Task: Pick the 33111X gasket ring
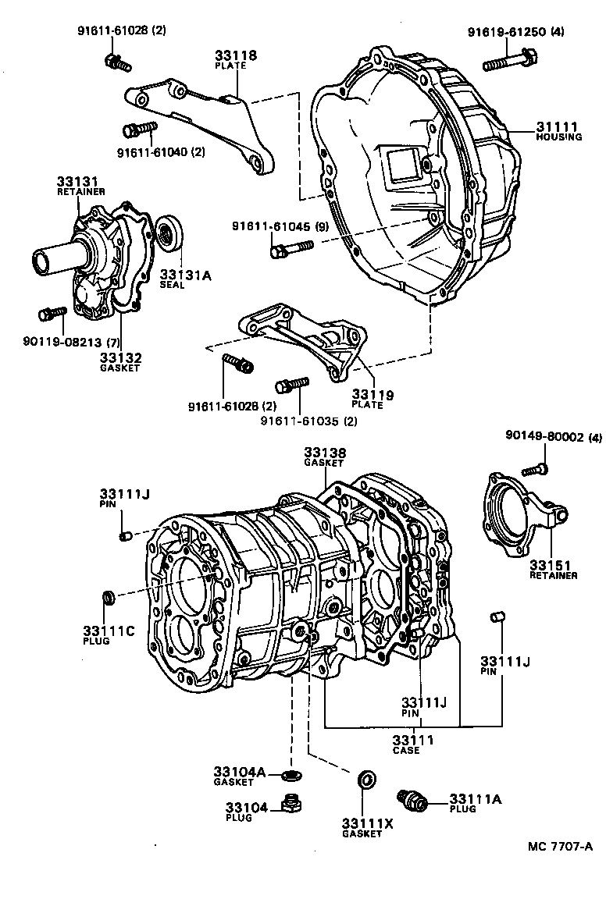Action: click(x=363, y=780)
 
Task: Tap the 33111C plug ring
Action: click(x=111, y=598)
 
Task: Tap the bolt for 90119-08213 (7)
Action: click(x=53, y=314)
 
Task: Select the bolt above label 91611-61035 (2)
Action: click(x=292, y=384)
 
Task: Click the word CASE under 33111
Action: click(x=406, y=750)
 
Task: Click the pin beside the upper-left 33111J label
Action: click(x=123, y=535)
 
